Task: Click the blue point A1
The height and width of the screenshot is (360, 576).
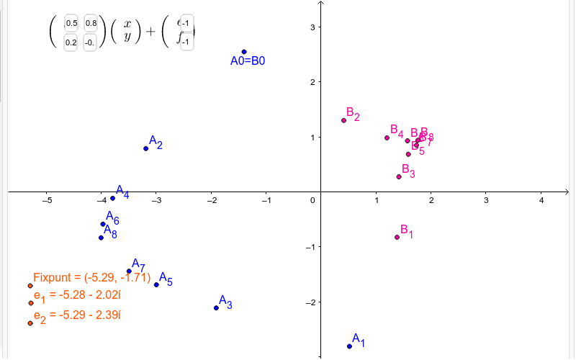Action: (350, 346)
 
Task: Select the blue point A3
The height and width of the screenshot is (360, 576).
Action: (216, 308)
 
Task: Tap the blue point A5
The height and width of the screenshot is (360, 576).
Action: (156, 284)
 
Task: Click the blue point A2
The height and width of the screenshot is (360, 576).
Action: (146, 148)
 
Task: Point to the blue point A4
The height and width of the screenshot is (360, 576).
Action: (112, 198)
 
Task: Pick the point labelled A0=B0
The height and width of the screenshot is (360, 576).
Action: (244, 52)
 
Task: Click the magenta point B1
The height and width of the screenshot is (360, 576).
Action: (397, 237)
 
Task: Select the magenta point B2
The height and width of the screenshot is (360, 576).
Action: (343, 120)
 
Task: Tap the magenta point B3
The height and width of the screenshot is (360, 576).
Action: (399, 176)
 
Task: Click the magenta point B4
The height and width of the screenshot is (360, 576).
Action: (387, 138)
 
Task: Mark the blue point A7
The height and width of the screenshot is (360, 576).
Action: (129, 271)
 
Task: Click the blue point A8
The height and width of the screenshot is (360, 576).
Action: (101, 237)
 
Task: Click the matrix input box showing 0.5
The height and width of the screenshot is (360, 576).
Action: (71, 24)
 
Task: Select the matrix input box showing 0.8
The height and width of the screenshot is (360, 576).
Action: (91, 24)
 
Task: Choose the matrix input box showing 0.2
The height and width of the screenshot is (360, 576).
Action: (71, 42)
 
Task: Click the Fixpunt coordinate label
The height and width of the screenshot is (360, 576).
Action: (91, 277)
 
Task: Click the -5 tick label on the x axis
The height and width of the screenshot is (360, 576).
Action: (47, 199)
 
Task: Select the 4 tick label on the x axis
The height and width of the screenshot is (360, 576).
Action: (541, 199)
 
